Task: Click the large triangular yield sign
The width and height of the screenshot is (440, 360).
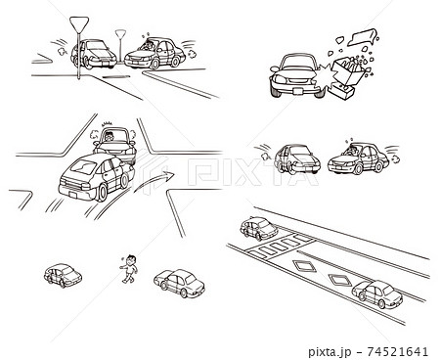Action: [x=79, y=24]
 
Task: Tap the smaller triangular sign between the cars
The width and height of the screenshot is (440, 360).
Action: [x=120, y=34]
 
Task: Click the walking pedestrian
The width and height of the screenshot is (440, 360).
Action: [x=130, y=269]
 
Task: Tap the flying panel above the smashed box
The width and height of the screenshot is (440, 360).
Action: [x=363, y=36]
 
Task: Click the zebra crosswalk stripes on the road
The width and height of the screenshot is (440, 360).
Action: [x=280, y=246]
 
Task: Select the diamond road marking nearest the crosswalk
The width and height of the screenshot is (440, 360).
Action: [x=304, y=265]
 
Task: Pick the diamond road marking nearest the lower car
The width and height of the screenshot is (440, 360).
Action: [x=340, y=280]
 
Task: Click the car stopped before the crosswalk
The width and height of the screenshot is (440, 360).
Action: [x=259, y=228]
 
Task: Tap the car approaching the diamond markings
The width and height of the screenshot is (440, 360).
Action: [x=377, y=293]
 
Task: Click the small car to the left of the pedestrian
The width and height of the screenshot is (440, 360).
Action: [x=63, y=276]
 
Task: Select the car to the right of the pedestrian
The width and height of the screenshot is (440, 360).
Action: [x=179, y=283]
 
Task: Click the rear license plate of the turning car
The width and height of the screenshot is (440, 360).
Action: [x=72, y=195]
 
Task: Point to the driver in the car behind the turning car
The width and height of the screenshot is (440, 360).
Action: [x=109, y=136]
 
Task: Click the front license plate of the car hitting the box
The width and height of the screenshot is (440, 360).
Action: [x=297, y=91]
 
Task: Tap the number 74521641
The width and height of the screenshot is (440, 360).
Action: [x=397, y=351]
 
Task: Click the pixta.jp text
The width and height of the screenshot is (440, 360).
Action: [x=330, y=352]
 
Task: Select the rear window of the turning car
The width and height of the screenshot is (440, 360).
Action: [x=84, y=167]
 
